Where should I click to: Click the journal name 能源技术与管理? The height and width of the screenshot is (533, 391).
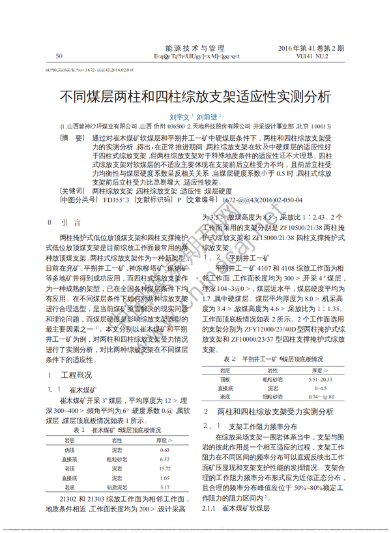[x=195, y=48]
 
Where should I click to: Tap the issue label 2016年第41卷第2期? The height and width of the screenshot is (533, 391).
[x=311, y=48]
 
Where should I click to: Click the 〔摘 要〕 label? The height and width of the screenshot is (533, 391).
[x=72, y=138]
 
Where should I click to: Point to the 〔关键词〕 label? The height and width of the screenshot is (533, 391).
[x=72, y=191]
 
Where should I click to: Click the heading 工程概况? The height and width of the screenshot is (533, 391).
[x=76, y=376]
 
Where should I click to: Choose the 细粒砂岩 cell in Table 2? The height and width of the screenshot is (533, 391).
[x=273, y=397]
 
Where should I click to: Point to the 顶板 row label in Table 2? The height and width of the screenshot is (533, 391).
[x=225, y=378]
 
